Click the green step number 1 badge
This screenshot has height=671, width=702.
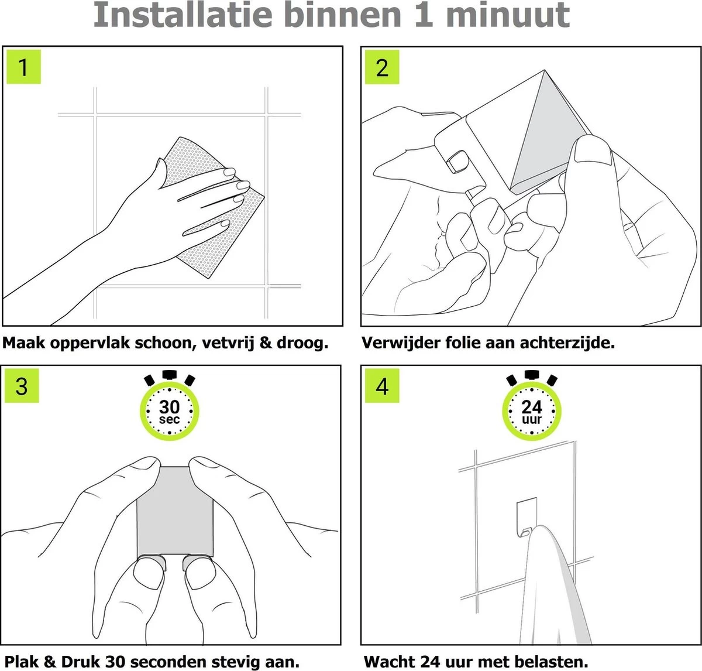[x=24, y=67]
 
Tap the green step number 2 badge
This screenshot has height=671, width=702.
[x=382, y=67]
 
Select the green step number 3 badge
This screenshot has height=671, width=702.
[x=22, y=386]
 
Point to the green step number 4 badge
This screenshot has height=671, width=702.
[x=382, y=386]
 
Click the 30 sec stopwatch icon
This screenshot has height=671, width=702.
[x=170, y=405]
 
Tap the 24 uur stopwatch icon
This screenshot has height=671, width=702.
[x=532, y=405]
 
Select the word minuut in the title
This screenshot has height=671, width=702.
[x=508, y=15]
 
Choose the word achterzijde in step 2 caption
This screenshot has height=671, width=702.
[x=567, y=343]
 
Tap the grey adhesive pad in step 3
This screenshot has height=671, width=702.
[x=175, y=511]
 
